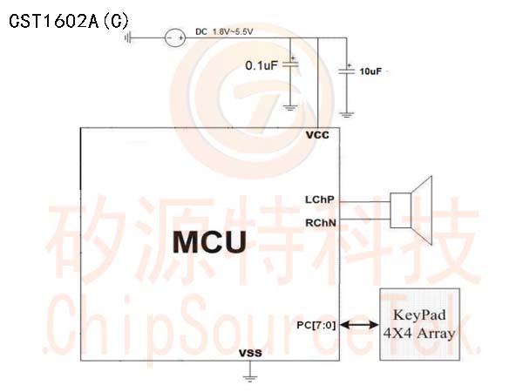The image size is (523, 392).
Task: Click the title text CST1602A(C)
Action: tap(69, 21)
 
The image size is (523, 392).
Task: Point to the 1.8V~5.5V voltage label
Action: tap(233, 31)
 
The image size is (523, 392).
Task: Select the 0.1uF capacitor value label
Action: tap(261, 65)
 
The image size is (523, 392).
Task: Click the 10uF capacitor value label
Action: tap(370, 71)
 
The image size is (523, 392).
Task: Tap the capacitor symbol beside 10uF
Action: tap(347, 70)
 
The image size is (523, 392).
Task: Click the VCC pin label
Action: tap(317, 135)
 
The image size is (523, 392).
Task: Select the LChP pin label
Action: tap(320, 199)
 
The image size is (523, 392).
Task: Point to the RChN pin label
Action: tap(321, 223)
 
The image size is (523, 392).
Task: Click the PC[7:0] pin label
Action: tap(316, 325)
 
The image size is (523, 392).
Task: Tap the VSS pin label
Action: tap(250, 353)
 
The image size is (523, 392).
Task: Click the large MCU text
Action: tap(210, 241)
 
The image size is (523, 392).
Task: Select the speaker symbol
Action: tap(411, 210)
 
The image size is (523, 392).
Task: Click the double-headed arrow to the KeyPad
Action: tap(359, 325)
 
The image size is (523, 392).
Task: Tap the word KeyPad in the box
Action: tap(419, 315)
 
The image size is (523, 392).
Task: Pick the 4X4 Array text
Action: tap(419, 333)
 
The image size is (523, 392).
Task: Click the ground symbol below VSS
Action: tap(250, 378)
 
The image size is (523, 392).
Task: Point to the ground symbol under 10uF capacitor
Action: tap(347, 115)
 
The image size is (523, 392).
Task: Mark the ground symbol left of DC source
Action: tap(127, 38)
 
